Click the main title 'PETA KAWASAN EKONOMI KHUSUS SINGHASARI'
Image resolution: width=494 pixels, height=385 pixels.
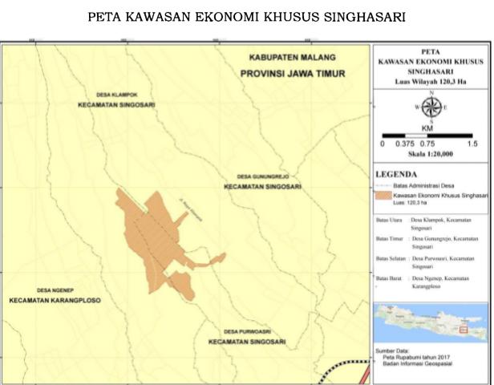(x=247, y=17)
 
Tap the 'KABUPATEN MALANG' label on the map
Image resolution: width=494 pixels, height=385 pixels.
(x=290, y=58)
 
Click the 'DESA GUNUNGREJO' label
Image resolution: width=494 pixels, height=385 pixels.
(x=261, y=176)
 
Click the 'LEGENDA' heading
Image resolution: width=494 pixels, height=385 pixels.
(x=397, y=174)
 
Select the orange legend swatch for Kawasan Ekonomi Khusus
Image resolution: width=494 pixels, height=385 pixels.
(x=391, y=195)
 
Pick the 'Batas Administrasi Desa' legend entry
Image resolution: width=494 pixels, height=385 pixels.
(x=434, y=185)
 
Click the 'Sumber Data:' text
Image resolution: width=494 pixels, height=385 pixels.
(x=393, y=350)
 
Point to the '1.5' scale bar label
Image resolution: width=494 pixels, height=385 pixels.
(x=472, y=144)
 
